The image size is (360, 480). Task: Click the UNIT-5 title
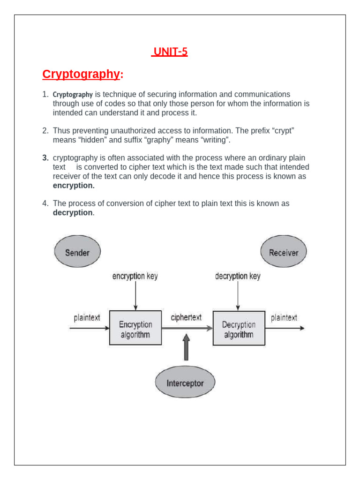tap(170, 52)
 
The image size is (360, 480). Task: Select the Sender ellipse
tap(77, 253)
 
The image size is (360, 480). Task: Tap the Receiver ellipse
tap(284, 253)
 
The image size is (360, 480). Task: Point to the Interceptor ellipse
tap(185, 383)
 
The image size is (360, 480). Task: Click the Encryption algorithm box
tap(135, 329)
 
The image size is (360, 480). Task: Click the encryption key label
tap(135, 276)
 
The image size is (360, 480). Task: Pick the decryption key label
tap(238, 276)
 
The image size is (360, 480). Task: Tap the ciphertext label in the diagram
tap(186, 317)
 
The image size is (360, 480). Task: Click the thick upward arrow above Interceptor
tap(186, 347)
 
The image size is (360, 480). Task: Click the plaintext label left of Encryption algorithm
tap(87, 318)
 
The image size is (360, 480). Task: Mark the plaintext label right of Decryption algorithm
tap(284, 318)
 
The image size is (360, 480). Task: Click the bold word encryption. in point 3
tap(74, 186)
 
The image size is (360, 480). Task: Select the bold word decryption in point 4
tap(73, 213)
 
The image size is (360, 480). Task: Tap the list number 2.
tap(45, 131)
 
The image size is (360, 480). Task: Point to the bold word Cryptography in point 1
tap(73, 95)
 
